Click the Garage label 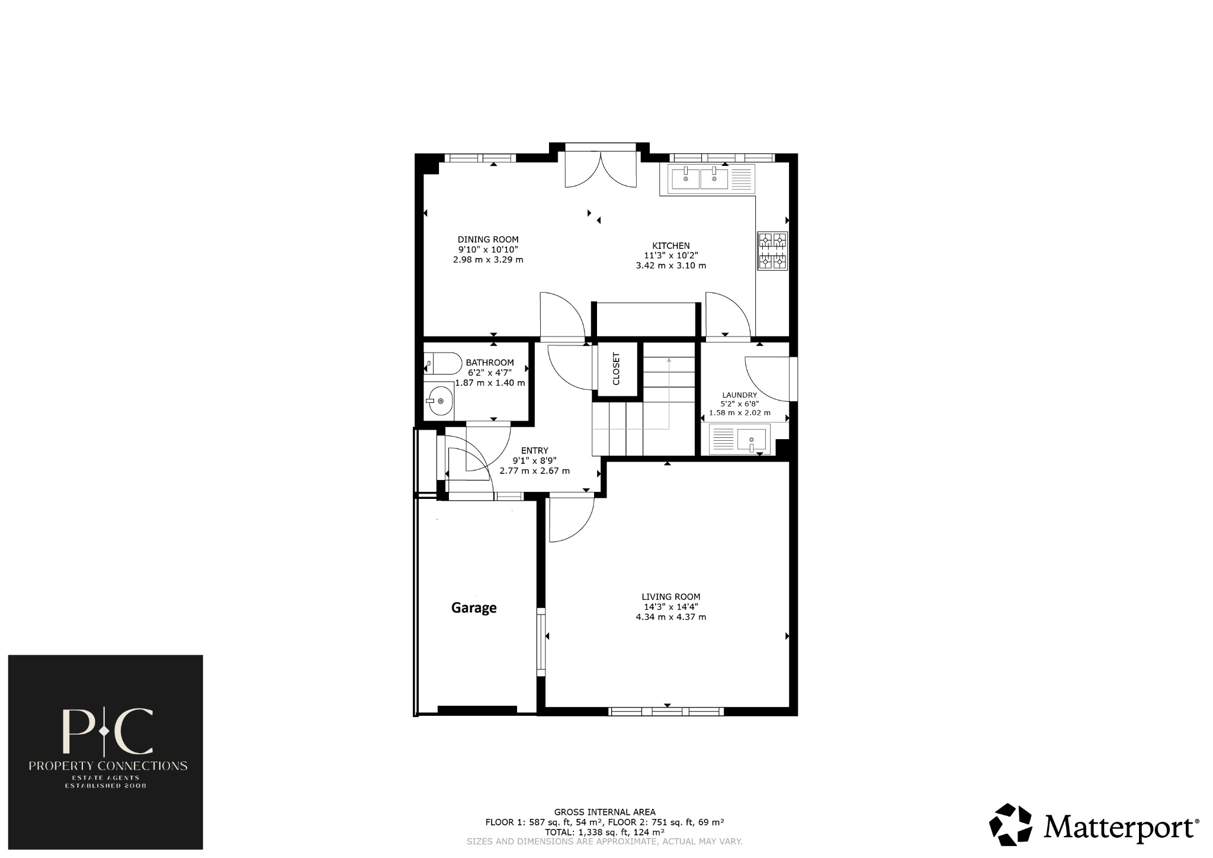point(474,607)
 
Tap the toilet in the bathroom point(443,363)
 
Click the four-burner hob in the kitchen point(772,250)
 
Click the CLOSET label point(617,369)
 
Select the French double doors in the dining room point(601,169)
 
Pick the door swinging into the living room point(570,519)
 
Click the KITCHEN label point(670,245)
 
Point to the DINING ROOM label point(487,239)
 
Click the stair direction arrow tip point(669,358)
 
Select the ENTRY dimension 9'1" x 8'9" point(534,460)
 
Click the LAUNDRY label point(739,395)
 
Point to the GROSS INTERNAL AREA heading point(604,812)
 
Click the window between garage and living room point(541,641)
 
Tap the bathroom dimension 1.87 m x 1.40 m point(490,383)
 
